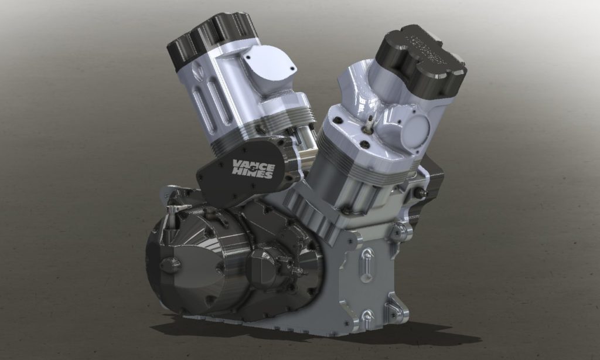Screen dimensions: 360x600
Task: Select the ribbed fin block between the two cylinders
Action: pos(308,210)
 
